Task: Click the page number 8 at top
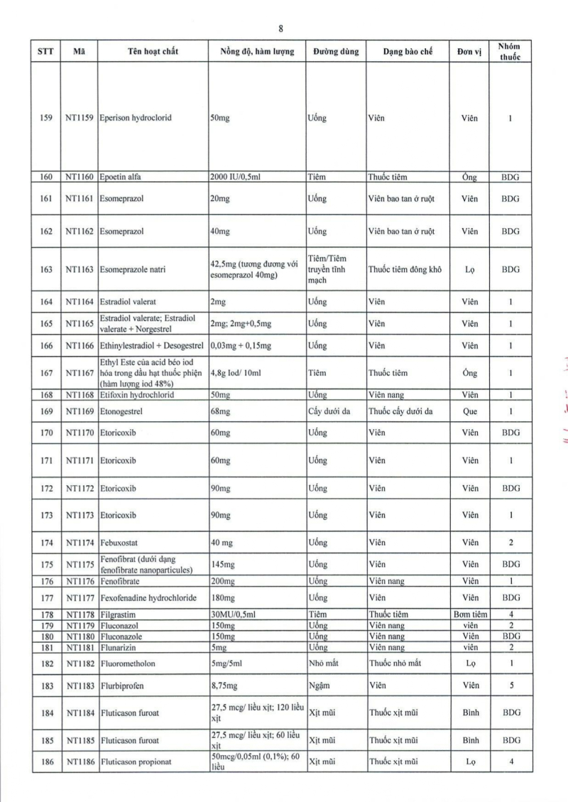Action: (282, 29)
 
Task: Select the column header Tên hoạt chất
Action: (153, 52)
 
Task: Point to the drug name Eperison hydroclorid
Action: (136, 118)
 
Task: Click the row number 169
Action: (47, 411)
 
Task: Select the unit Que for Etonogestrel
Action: (469, 411)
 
